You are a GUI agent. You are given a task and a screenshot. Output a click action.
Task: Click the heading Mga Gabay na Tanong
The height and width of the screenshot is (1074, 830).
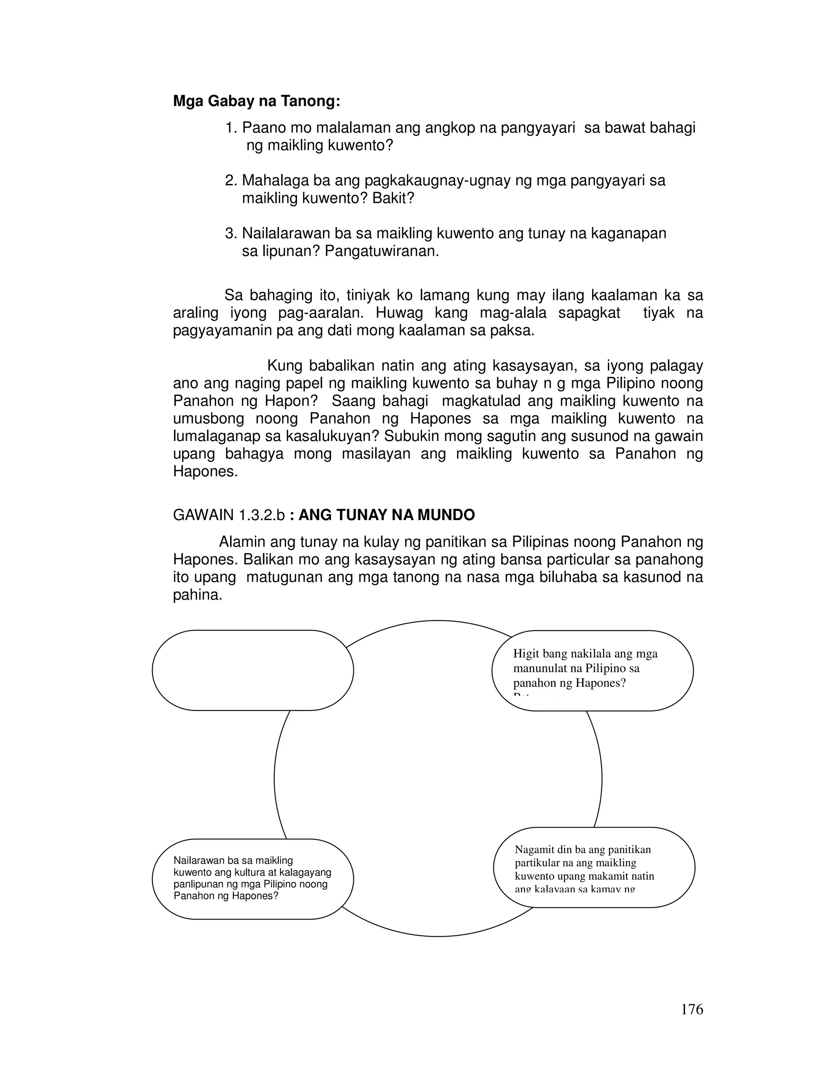tap(256, 101)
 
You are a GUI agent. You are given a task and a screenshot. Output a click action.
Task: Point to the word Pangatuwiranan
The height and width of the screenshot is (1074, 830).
tap(381, 252)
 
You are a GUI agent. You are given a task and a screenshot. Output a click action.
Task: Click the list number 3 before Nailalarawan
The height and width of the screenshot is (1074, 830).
tap(230, 233)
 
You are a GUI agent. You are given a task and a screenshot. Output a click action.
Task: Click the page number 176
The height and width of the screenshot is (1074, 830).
tap(691, 1009)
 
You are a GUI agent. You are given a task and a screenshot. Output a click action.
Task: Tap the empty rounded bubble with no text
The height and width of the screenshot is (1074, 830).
tap(253, 670)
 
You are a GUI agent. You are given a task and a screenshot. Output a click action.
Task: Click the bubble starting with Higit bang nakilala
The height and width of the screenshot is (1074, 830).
tap(592, 670)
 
